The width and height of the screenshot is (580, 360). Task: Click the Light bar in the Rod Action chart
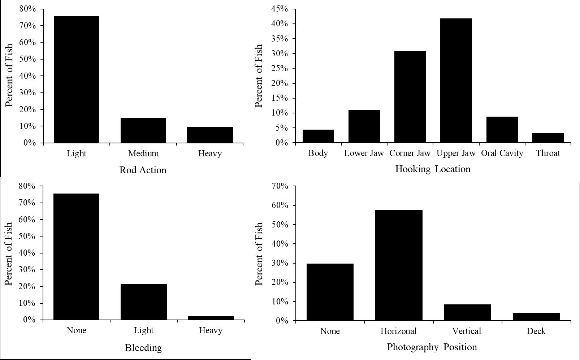pyautogui.click(x=77, y=79)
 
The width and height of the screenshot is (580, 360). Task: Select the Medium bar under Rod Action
pyautogui.click(x=143, y=130)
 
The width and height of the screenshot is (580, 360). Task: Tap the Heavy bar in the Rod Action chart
pyautogui.click(x=210, y=135)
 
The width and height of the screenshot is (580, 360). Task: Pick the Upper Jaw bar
pyautogui.click(x=456, y=81)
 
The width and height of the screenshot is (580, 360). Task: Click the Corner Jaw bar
pyautogui.click(x=410, y=97)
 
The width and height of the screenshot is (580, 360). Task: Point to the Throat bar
pyautogui.click(x=548, y=138)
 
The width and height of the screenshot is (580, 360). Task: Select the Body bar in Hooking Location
pyautogui.click(x=318, y=136)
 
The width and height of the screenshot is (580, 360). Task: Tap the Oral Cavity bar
pyautogui.click(x=502, y=130)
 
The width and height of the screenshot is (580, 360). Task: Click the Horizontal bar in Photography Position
pyautogui.click(x=399, y=265)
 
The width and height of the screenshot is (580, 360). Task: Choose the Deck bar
pyautogui.click(x=536, y=317)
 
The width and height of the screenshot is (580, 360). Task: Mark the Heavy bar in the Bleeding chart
pyautogui.click(x=211, y=318)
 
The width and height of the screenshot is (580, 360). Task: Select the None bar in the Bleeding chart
pyautogui.click(x=77, y=257)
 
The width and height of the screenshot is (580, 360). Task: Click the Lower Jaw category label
pyautogui.click(x=364, y=153)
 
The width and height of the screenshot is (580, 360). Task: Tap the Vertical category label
pyautogui.click(x=467, y=331)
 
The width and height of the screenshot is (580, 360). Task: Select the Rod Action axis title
pyautogui.click(x=143, y=170)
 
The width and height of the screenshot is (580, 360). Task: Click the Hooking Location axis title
pyautogui.click(x=433, y=169)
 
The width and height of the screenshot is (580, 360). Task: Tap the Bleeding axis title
pyautogui.click(x=143, y=348)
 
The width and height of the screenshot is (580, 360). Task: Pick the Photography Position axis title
pyautogui.click(x=432, y=347)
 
